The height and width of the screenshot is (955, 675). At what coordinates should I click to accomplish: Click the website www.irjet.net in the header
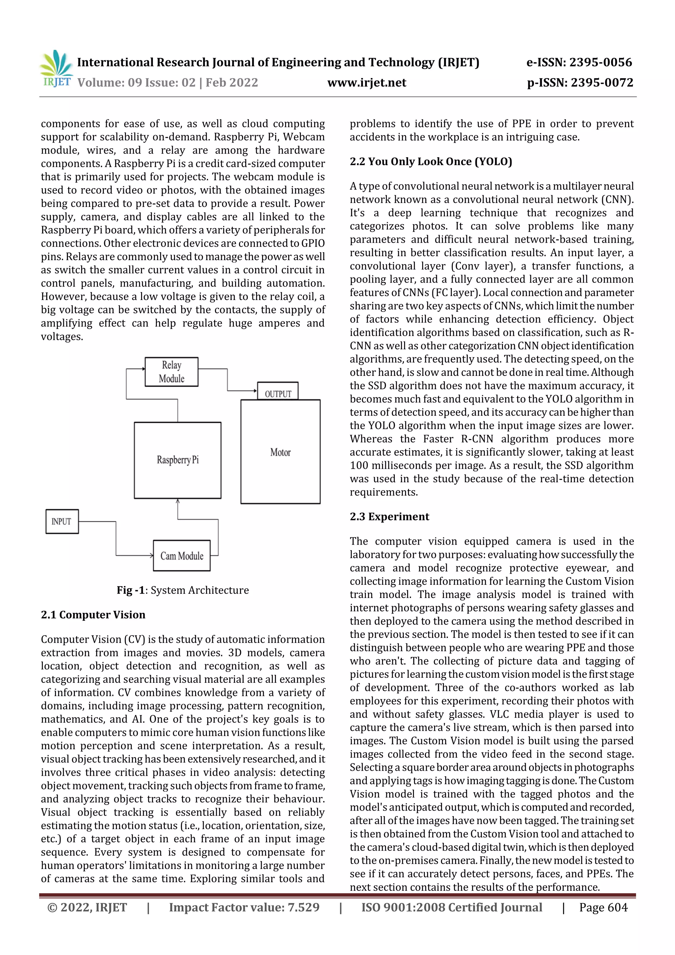pyautogui.click(x=367, y=82)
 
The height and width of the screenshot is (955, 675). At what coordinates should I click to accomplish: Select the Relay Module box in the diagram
pyautogui.click(x=171, y=372)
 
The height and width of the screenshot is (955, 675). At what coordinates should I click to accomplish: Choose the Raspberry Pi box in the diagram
pyautogui.click(x=178, y=460)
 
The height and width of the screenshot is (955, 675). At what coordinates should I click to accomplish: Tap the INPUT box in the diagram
pyautogui.click(x=62, y=521)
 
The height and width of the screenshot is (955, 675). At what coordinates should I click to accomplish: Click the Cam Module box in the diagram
pyautogui.click(x=182, y=556)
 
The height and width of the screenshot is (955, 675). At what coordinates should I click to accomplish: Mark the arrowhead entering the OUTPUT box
pyautogui.click(x=255, y=391)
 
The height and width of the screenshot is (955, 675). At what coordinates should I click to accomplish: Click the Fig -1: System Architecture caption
pyautogui.click(x=183, y=590)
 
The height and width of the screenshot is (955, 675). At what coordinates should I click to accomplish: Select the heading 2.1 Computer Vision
pyautogui.click(x=93, y=615)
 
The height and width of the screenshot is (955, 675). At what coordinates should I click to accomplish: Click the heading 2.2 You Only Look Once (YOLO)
pyautogui.click(x=430, y=162)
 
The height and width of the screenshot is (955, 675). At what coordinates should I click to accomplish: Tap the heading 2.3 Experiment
pyautogui.click(x=389, y=517)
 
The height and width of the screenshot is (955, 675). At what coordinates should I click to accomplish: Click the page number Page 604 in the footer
pyautogui.click(x=603, y=907)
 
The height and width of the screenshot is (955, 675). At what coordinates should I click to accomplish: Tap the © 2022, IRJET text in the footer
pyautogui.click(x=87, y=907)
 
